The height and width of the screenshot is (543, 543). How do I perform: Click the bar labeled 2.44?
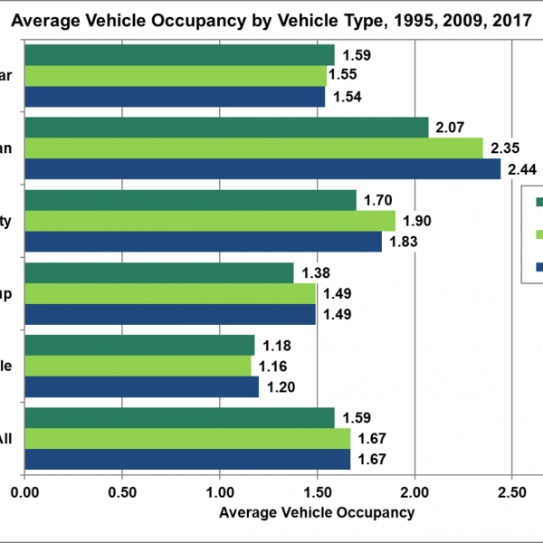[262, 169]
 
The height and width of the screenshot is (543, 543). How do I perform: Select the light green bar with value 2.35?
[253, 148]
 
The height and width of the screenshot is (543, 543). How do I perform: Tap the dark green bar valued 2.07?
[226, 128]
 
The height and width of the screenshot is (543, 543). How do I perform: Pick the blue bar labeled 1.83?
[204, 242]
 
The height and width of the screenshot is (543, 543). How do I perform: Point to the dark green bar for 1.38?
[159, 272]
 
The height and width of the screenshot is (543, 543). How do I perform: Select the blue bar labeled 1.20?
[141, 386]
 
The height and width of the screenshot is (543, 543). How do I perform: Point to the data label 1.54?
[348, 97]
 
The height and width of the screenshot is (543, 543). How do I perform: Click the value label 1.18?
[277, 345]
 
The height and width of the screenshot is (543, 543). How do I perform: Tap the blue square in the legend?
[538, 267]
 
